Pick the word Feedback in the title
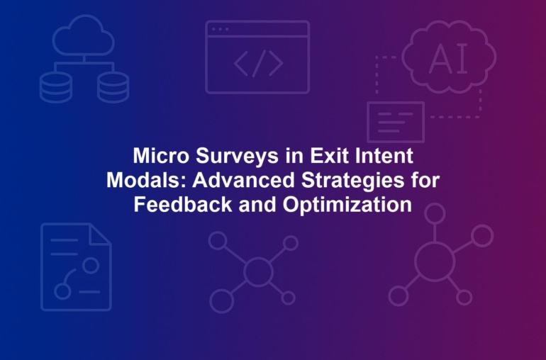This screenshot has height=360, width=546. (183, 204)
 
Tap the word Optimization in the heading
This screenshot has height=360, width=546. (347, 205)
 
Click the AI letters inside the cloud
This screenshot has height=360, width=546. (449, 60)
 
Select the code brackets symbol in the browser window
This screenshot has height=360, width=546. (258, 63)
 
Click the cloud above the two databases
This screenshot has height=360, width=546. (84, 35)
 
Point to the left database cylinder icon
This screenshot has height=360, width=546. (56, 87)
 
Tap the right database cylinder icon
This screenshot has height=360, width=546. (113, 87)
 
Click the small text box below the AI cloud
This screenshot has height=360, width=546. (396, 122)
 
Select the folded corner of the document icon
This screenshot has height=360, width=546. (99, 235)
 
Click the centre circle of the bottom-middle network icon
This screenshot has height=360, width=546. (258, 271)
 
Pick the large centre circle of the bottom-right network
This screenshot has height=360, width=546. (435, 261)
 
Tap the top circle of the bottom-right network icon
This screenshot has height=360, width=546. (435, 213)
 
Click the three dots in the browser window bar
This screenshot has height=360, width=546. (220, 29)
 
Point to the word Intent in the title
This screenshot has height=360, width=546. (384, 155)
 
